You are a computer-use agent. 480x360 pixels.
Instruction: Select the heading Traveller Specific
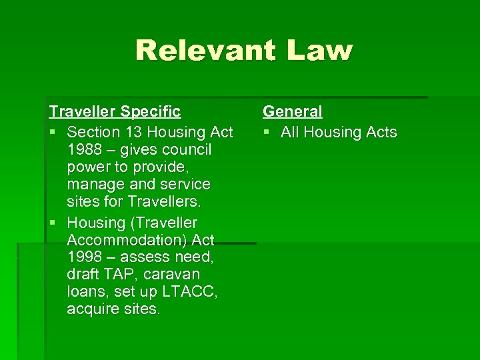click(115, 111)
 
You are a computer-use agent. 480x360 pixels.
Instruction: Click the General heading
click(292, 111)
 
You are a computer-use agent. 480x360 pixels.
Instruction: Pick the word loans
click(85, 291)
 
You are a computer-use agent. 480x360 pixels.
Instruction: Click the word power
click(90, 166)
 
